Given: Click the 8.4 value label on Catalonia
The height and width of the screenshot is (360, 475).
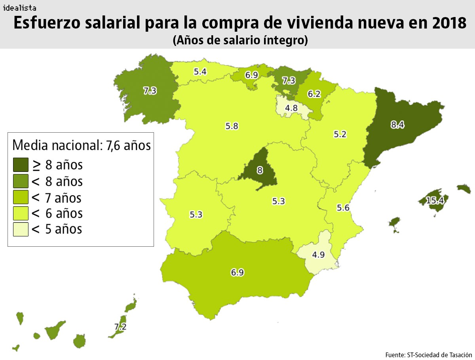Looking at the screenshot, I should point(397,125).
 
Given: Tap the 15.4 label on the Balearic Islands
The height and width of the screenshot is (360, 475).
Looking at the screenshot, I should point(435,201).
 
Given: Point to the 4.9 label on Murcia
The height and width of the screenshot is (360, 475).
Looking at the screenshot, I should point(318,255).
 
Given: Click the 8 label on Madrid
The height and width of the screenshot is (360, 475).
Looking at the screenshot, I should point(260,171).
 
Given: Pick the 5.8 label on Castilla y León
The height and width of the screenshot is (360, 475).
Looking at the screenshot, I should point(232,126).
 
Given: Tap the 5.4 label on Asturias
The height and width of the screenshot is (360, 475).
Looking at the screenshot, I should point(200,72).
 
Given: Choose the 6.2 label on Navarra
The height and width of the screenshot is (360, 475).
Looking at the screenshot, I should point(314,94).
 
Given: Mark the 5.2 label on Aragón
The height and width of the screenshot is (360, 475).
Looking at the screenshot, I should point(340,134).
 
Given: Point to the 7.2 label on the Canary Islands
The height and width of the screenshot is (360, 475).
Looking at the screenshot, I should point(120,327).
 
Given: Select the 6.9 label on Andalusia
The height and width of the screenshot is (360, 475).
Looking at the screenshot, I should point(237,272).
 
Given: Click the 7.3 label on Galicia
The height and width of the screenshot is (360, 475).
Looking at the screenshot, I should point(150,91).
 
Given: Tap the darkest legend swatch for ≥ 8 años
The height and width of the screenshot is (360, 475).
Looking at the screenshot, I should point(21,165).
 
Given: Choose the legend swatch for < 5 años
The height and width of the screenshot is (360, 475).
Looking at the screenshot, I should point(21,229).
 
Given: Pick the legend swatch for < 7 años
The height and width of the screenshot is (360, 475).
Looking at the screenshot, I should point(21,197).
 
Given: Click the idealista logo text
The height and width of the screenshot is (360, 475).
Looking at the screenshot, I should point(20,8).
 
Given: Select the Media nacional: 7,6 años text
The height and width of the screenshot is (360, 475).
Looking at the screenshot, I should point(82,145).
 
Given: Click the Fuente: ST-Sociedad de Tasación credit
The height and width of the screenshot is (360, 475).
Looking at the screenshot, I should point(428,354).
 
